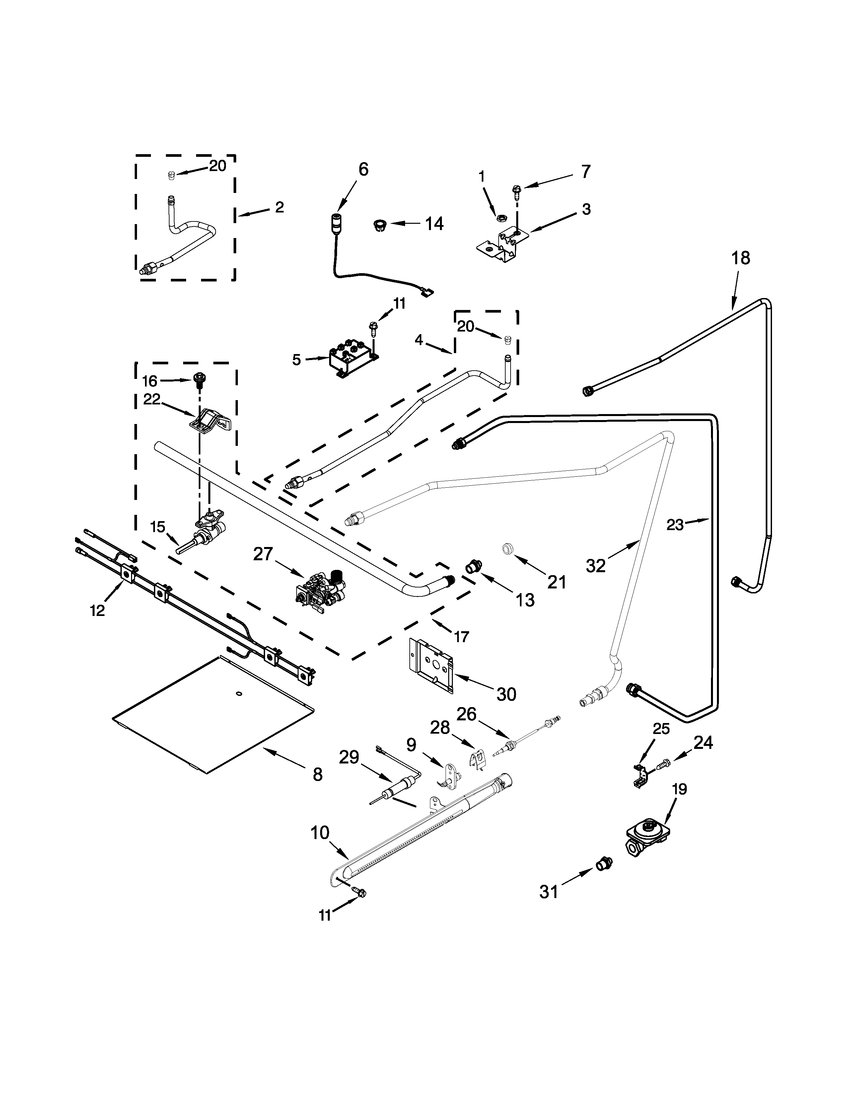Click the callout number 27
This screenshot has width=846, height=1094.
(x=263, y=554)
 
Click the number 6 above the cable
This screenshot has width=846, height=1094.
(x=363, y=169)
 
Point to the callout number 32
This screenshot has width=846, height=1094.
(x=596, y=566)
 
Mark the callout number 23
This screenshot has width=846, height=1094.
(x=675, y=525)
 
